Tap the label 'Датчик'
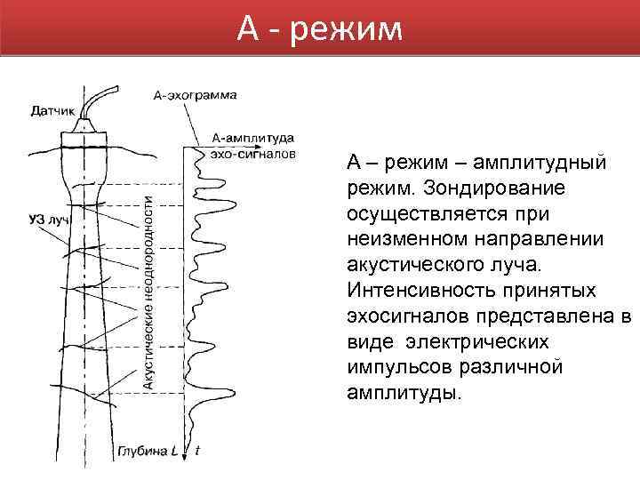click(52, 112)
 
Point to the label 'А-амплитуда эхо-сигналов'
click(253, 145)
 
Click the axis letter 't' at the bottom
click(197, 451)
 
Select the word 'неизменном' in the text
click(402, 240)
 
